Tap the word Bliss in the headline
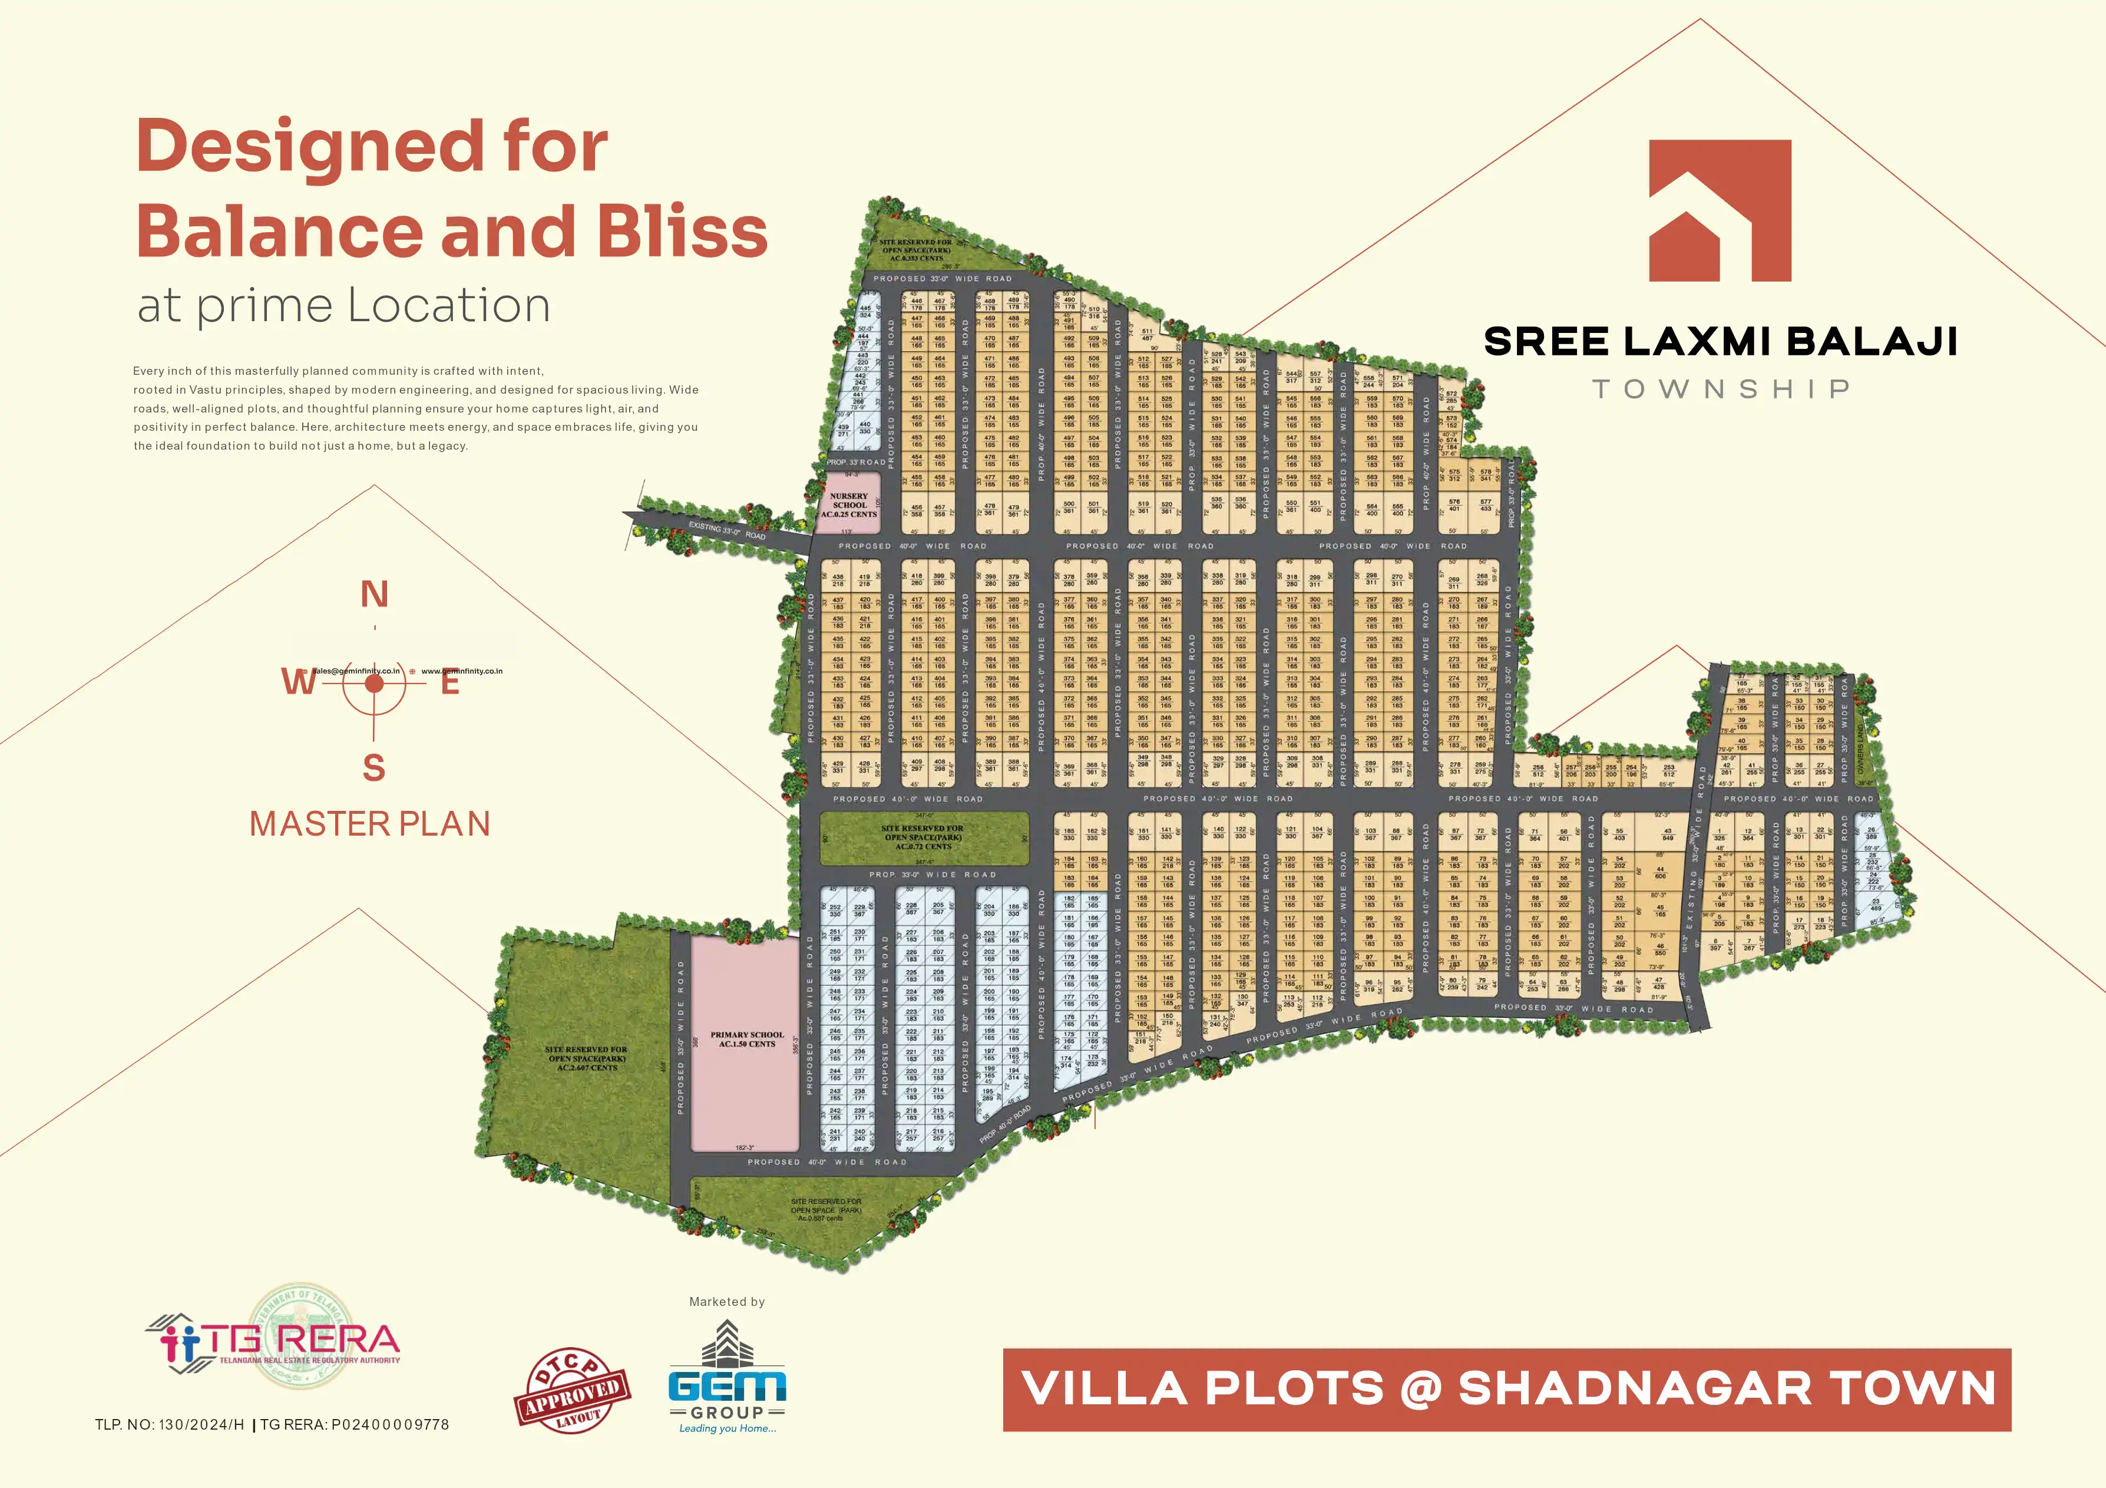click(682, 231)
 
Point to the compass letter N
click(374, 595)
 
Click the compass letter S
click(373, 767)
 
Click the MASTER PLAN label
click(369, 824)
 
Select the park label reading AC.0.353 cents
click(915, 258)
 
